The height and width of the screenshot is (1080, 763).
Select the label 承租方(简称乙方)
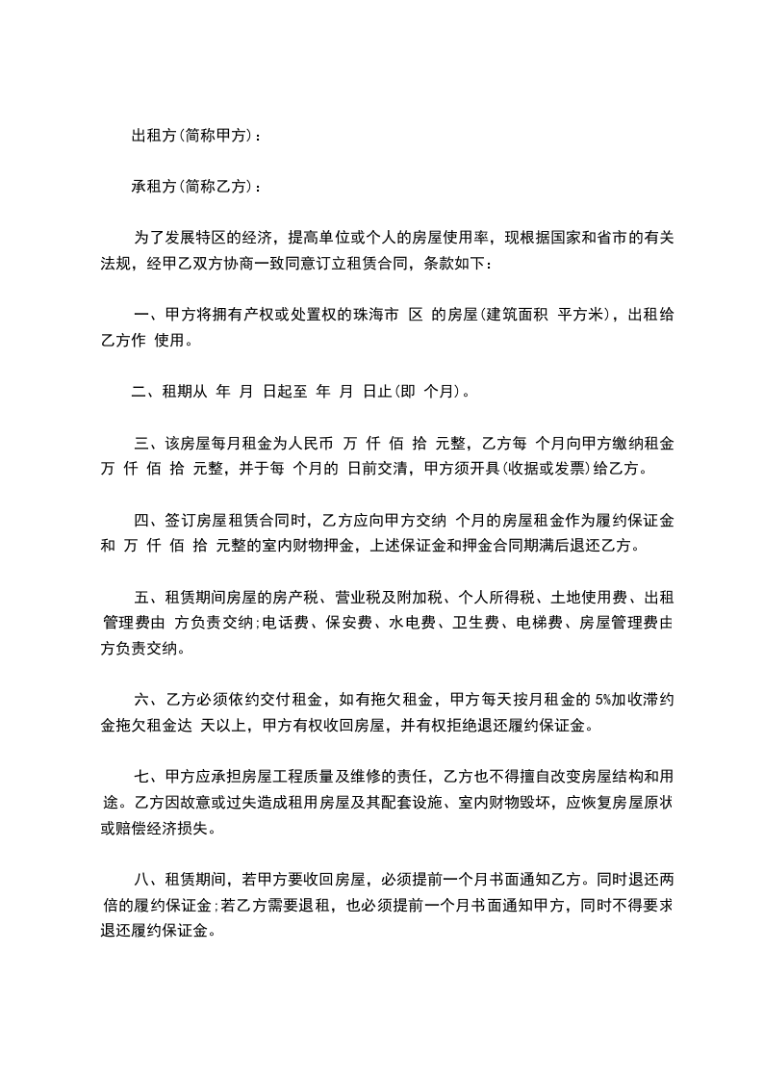pos(193,186)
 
